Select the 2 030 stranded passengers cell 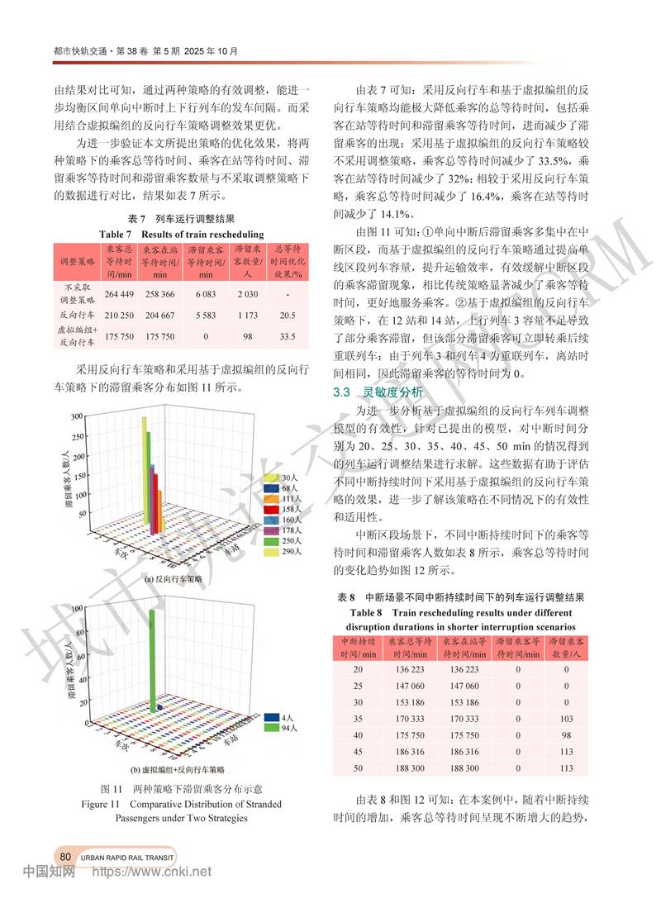tap(248, 295)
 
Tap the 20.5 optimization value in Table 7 tap(288, 315)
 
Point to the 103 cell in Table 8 tap(566, 719)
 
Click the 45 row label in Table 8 tap(357, 752)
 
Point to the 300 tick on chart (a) tap(77, 416)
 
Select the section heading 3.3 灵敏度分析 tap(377, 392)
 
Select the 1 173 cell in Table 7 tap(248, 315)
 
